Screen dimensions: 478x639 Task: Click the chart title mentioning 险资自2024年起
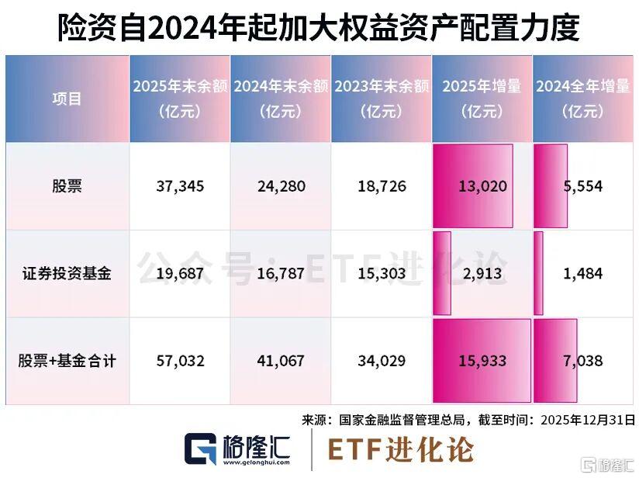pyautogui.click(x=319, y=29)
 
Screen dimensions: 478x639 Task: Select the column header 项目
pyautogui.click(x=66, y=99)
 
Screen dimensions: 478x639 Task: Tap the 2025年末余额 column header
pyautogui.click(x=180, y=99)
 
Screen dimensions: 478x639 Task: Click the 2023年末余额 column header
pyautogui.click(x=382, y=99)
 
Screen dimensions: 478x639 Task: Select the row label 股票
pyautogui.click(x=66, y=186)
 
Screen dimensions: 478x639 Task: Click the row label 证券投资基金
pyautogui.click(x=66, y=273)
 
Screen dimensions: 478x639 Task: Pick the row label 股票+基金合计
pyautogui.click(x=66, y=361)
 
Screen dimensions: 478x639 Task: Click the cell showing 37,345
pyautogui.click(x=180, y=186)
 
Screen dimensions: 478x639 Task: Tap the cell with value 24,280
pyautogui.click(x=281, y=186)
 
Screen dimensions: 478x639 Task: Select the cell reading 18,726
pyautogui.click(x=382, y=186)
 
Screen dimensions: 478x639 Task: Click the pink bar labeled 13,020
pyautogui.click(x=472, y=186)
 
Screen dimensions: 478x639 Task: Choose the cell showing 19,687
pyautogui.click(x=180, y=273)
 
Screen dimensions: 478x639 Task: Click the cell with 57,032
pyautogui.click(x=180, y=361)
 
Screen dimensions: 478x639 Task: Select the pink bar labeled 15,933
pyautogui.click(x=482, y=361)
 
